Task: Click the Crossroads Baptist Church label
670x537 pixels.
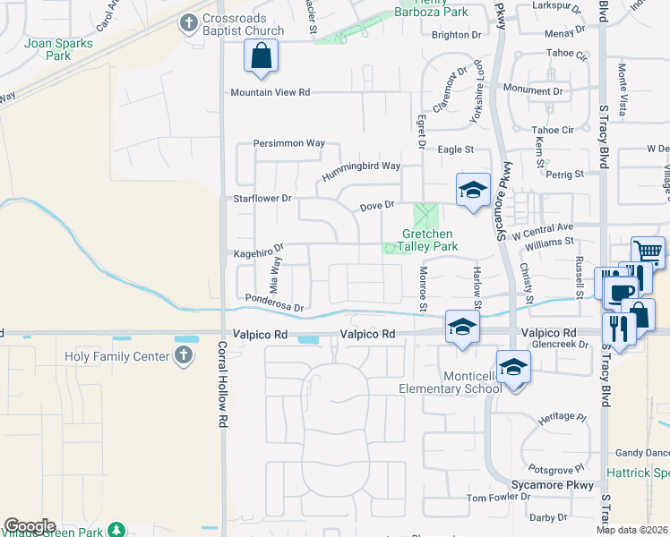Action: point(244,25)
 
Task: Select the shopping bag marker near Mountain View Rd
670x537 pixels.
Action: point(261,57)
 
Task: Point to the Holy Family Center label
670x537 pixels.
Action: point(117,357)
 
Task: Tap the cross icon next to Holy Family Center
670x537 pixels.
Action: point(183,356)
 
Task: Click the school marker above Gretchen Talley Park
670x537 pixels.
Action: point(473,190)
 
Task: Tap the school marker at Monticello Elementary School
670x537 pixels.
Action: point(512,367)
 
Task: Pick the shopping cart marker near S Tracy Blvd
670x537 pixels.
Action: point(647,251)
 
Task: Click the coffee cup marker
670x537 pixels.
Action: point(620,292)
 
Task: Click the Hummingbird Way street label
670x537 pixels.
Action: point(360,166)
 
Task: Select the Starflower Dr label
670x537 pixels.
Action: point(262,198)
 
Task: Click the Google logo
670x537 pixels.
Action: point(30,526)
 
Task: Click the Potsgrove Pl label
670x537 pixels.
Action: point(555,468)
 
